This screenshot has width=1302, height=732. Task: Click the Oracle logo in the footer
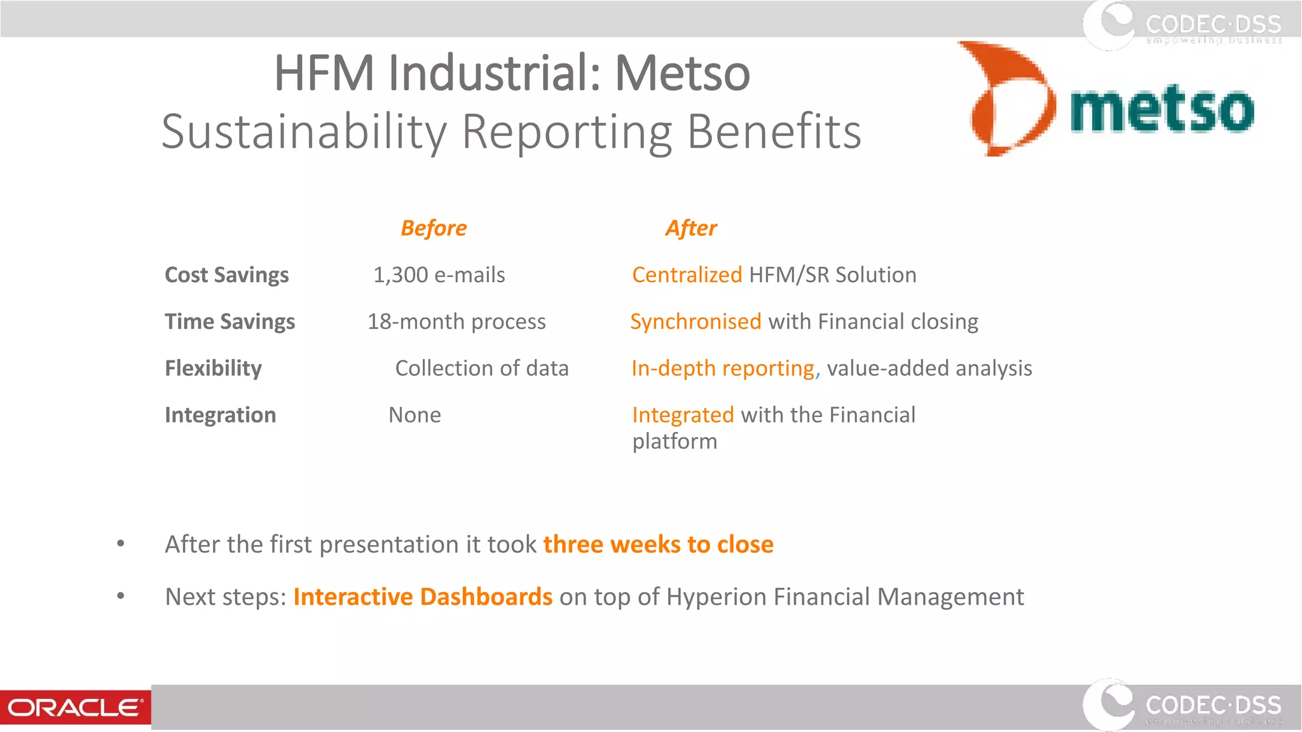click(x=75, y=707)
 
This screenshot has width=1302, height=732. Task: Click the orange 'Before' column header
click(x=434, y=228)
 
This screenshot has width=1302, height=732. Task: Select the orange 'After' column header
click(x=691, y=228)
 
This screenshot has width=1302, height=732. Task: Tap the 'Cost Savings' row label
click(x=226, y=275)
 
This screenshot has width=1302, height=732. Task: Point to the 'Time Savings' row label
click(x=230, y=322)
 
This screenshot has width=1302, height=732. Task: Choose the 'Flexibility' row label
click(x=213, y=369)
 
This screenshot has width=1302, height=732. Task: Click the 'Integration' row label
click(x=220, y=415)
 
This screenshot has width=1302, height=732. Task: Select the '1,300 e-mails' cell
click(x=439, y=275)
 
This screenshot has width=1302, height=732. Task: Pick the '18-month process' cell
click(x=456, y=322)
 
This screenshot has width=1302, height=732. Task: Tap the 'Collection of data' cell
click(x=481, y=369)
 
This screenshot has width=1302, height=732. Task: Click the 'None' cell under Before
click(x=415, y=415)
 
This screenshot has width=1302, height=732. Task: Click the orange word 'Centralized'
click(x=687, y=275)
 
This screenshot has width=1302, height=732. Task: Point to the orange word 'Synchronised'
click(x=696, y=322)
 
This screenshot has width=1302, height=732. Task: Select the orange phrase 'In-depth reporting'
click(x=723, y=369)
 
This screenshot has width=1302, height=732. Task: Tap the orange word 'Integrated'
click(x=683, y=415)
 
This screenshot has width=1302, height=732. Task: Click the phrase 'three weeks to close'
click(x=658, y=545)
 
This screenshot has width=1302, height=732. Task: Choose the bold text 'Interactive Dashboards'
click(x=423, y=597)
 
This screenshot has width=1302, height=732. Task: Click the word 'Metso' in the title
click(x=682, y=73)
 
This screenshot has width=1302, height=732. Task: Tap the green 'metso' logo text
click(x=1162, y=109)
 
